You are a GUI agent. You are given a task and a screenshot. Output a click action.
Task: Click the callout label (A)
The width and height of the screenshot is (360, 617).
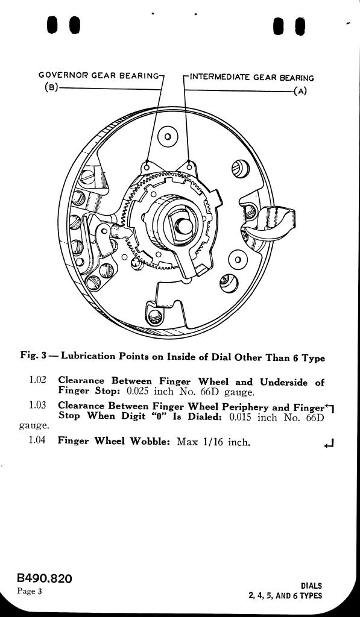[x=300, y=92]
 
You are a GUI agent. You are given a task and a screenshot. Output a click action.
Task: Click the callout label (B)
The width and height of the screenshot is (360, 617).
[x=51, y=87]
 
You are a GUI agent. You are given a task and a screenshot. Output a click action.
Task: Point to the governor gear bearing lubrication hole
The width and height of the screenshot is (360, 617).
[x=147, y=167]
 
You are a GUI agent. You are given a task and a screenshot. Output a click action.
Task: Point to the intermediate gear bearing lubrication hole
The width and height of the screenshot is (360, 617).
[x=189, y=166]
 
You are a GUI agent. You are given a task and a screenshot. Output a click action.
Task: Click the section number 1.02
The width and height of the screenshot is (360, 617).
[x=37, y=380]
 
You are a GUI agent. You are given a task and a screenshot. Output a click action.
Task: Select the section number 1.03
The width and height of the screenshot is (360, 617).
[x=37, y=405]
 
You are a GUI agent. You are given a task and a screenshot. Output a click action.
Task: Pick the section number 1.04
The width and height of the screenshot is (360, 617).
[x=37, y=440]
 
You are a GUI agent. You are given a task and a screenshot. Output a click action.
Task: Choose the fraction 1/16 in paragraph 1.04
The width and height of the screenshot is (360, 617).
[x=214, y=442]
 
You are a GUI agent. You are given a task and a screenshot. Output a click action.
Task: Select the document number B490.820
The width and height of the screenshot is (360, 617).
[x=45, y=578]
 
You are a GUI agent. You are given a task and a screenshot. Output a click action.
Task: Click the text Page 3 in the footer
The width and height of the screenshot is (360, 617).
[x=30, y=592]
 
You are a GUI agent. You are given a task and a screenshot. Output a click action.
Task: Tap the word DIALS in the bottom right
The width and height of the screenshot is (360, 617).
[x=311, y=586]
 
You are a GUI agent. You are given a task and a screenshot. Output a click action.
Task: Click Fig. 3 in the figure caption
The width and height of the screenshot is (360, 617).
[x=34, y=356]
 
